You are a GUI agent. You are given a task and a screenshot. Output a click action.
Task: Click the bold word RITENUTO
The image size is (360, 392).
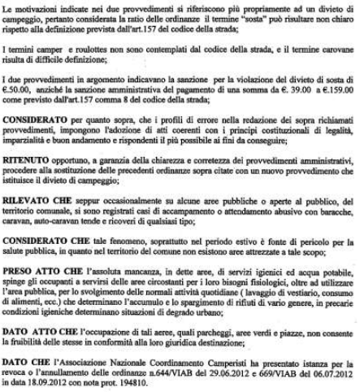[x=25, y=155]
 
